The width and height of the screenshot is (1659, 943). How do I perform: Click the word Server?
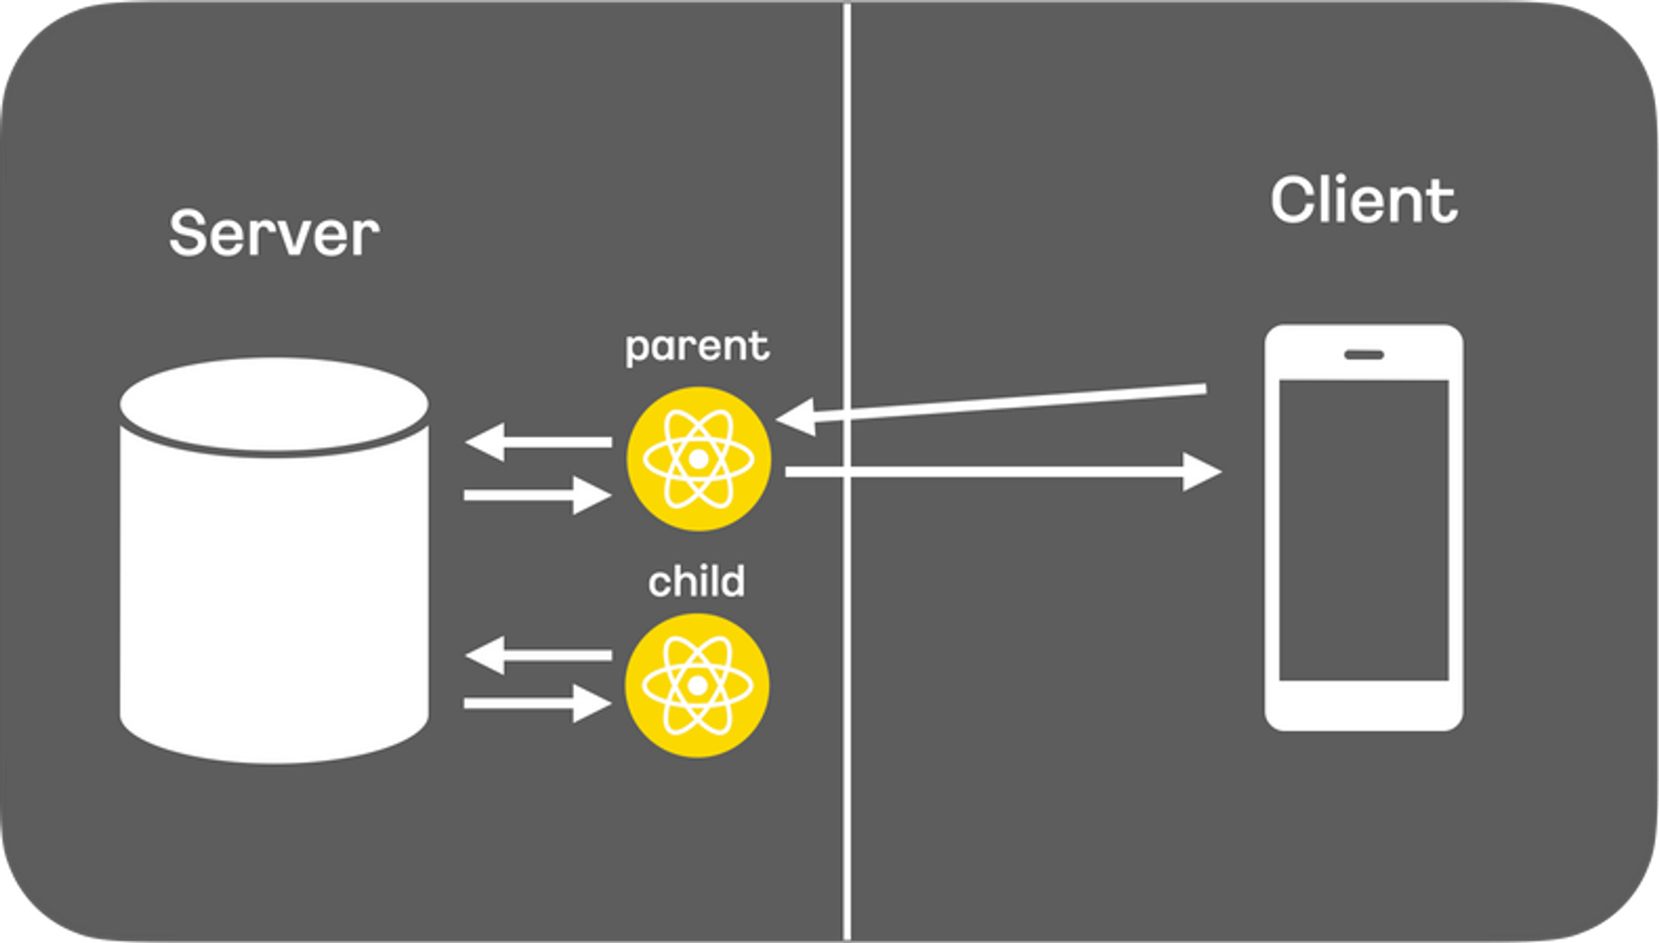274,234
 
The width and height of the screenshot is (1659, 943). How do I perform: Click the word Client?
1363,201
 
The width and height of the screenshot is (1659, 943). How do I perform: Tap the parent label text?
697,346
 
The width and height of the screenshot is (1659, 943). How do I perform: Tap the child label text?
696,581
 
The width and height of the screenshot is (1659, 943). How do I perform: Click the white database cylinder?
274,597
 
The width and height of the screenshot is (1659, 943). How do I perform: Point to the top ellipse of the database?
274,405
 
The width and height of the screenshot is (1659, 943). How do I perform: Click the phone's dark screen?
1363,531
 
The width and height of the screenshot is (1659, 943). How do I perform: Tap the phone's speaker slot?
1364,355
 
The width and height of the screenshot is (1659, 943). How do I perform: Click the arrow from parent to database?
539,442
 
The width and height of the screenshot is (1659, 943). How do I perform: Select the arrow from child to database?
539,655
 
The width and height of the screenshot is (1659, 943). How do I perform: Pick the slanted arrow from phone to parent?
995,403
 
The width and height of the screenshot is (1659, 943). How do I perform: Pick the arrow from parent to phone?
995,472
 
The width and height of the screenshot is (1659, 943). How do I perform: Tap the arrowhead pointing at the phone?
1201,472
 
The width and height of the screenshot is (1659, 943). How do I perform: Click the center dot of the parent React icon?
698,459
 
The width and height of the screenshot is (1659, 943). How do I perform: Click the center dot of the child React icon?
697,686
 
